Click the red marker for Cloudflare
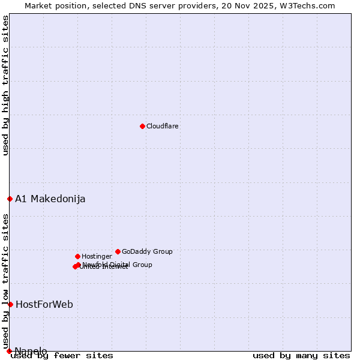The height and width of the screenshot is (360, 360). pos(142,126)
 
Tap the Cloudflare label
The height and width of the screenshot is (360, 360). pos(163,127)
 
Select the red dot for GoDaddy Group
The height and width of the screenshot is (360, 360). pos(118,251)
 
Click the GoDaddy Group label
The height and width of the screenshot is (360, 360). pos(147,252)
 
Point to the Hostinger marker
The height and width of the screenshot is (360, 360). pos(77,256)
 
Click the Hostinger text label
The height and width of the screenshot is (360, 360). pos(97,257)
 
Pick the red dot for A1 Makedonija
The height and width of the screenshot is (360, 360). pos(10,199)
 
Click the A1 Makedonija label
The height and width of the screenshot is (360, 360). pos(50,199)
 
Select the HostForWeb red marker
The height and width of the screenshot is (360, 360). pos(10,304)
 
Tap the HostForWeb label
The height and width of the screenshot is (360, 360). pos(44,305)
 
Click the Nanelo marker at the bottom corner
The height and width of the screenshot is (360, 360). pos(9,351)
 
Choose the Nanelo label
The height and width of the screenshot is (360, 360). pos(31,351)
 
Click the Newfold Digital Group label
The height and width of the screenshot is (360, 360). pos(118,265)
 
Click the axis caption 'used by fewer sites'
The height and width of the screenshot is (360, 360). pos(62,356)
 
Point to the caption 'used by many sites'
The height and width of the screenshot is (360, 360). pos(301,356)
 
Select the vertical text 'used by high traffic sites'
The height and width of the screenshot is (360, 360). pos(5,85)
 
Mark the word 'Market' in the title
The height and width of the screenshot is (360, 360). pos(38,6)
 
